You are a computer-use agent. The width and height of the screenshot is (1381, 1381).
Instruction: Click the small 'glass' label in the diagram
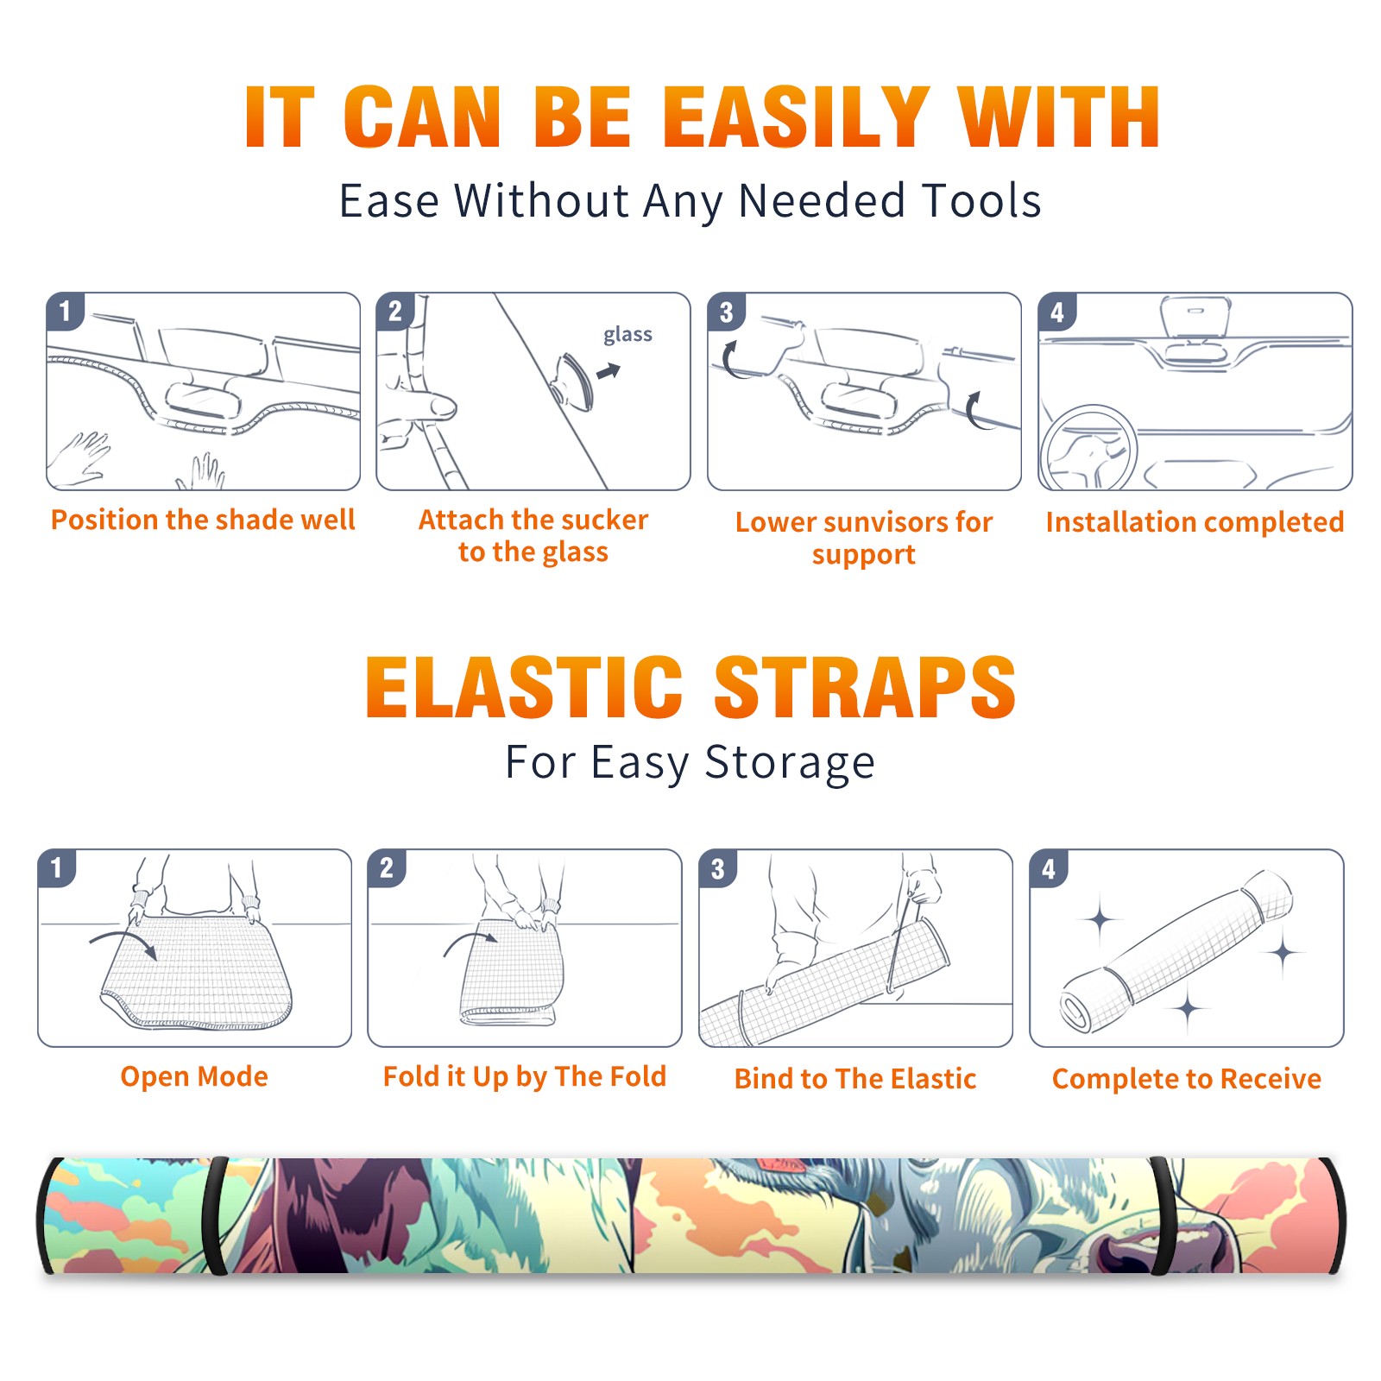coord(627,335)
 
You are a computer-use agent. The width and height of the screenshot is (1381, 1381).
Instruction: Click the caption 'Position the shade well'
coord(203,520)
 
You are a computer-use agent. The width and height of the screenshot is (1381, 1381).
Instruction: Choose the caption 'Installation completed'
coord(1195,521)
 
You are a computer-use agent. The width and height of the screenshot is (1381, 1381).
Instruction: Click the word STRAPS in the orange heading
coord(865,687)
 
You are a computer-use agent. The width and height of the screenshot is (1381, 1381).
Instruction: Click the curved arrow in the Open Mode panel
coord(124,943)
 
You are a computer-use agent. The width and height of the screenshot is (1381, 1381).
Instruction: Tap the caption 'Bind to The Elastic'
coord(854,1079)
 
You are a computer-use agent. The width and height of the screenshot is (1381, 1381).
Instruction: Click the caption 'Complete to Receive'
coord(1186,1079)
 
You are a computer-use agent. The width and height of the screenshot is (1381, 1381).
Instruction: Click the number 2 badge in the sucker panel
coord(395,311)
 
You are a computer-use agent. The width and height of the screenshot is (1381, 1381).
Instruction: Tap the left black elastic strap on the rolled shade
coord(216,1216)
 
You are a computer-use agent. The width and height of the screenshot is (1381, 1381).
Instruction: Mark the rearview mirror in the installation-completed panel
coord(1195,319)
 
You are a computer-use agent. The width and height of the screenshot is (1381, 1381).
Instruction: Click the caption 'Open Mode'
coord(194,1076)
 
